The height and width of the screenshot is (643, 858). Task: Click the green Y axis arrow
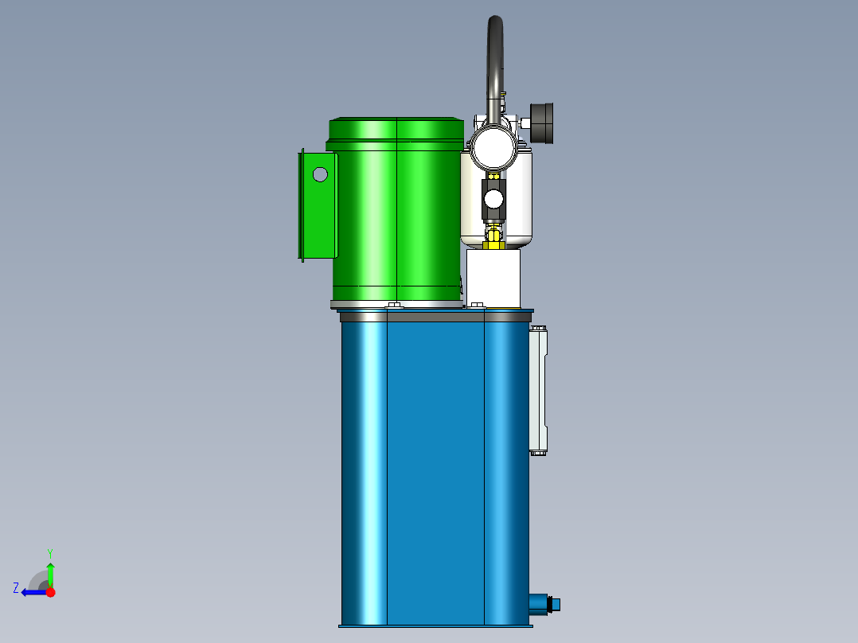click(x=50, y=573)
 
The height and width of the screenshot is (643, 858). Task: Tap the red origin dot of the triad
click(x=50, y=592)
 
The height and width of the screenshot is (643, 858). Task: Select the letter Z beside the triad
click(x=16, y=587)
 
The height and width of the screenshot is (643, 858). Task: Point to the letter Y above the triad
click(x=49, y=552)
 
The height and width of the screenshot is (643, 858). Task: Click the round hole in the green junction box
click(x=320, y=173)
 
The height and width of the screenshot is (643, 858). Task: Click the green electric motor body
click(x=396, y=215)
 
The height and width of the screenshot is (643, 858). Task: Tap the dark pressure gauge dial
click(x=544, y=123)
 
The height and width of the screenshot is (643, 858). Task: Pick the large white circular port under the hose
click(x=493, y=146)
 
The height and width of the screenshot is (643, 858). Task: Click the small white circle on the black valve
click(x=493, y=197)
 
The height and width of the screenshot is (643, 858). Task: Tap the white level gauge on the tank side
click(x=539, y=390)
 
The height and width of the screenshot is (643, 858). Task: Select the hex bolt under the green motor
click(x=394, y=305)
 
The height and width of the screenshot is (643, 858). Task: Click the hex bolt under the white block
click(x=477, y=305)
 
